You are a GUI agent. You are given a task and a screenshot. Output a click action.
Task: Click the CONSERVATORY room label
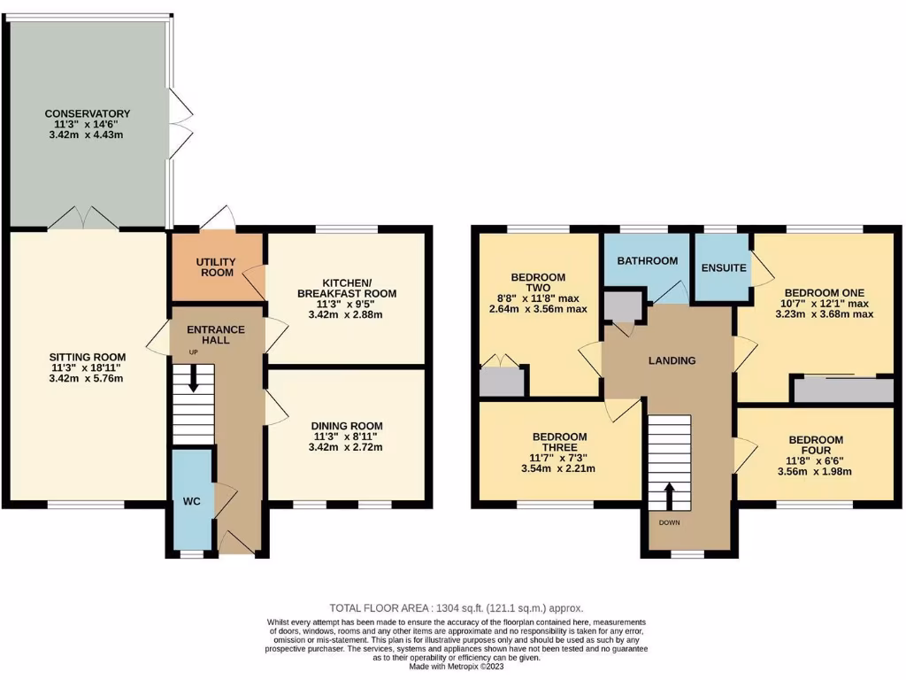coord(88,113)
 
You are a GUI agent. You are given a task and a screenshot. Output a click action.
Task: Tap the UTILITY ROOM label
coord(216,267)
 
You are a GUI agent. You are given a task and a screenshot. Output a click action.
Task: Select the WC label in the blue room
coord(192,501)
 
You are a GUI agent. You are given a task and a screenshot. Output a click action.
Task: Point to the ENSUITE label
coord(723,267)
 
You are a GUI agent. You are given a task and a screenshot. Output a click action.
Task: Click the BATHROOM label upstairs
coord(647,260)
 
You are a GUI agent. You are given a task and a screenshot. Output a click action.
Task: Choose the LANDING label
coord(671,360)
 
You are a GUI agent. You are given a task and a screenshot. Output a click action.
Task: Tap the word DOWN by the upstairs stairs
coord(668,522)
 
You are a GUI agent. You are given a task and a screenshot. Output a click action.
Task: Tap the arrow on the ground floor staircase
coord(193,381)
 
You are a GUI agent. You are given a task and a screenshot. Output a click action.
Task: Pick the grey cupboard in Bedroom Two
coord(502,382)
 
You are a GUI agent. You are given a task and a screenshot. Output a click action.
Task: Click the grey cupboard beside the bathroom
coord(624,305)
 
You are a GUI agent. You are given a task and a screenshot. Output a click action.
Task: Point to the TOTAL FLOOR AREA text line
coord(456,608)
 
